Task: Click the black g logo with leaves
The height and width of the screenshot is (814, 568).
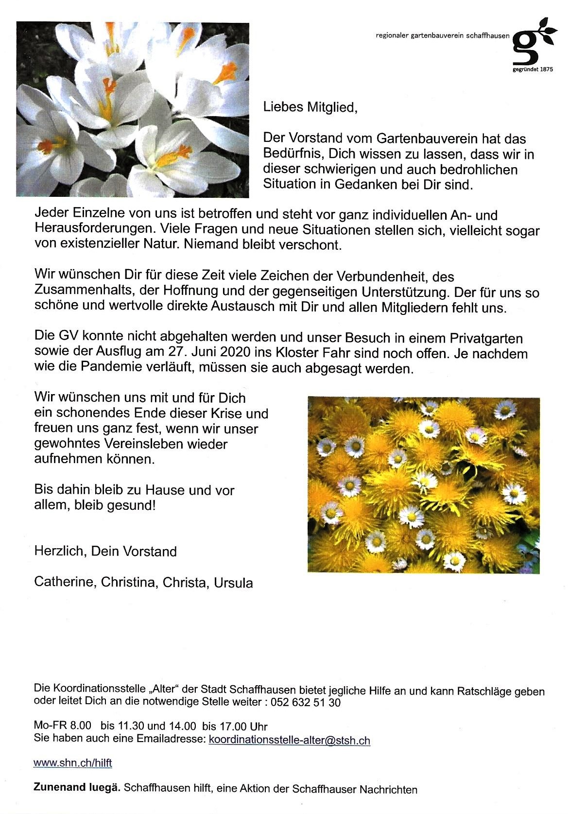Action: point(532,43)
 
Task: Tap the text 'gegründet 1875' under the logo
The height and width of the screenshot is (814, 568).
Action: point(533,69)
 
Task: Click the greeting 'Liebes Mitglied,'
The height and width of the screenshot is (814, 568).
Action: point(310,107)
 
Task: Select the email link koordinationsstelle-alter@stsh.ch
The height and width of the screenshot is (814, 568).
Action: point(289,740)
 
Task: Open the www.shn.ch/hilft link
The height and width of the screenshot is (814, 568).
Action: point(73,763)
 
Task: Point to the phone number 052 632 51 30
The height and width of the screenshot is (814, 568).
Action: point(306,703)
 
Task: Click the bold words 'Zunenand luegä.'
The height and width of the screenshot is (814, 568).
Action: point(77,788)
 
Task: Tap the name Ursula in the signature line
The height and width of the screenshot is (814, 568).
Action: point(234,583)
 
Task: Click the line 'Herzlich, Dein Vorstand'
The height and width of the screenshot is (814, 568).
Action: point(105,552)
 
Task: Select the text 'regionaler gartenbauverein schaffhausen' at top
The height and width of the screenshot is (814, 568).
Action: point(443,36)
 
